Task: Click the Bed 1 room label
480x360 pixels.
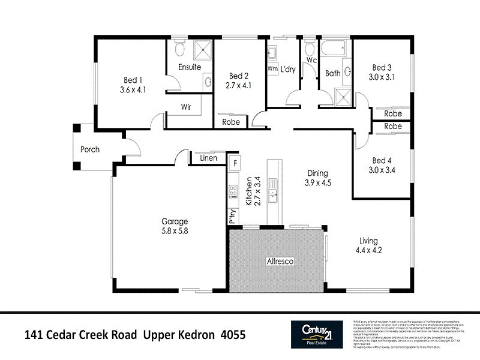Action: click(133, 80)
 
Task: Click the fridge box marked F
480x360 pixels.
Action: click(236, 163)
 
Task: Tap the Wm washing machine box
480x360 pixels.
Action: click(272, 69)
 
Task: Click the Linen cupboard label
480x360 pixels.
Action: click(208, 158)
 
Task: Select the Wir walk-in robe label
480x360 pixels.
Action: click(187, 107)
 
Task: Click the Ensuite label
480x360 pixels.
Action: click(189, 67)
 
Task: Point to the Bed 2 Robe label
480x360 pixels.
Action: click(231, 122)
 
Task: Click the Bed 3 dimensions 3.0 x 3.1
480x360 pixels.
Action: click(382, 77)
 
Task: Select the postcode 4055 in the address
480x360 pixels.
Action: click(233, 335)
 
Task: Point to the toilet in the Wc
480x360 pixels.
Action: click(310, 48)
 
